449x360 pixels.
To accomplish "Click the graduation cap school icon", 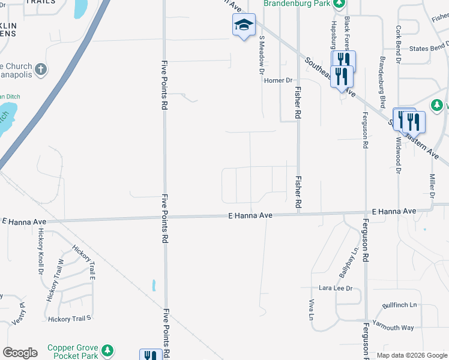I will pos(244,25).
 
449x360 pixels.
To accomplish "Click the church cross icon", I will pos(41,69).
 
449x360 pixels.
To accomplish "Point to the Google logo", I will pos(20,353).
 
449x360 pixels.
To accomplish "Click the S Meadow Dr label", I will pos(262,54).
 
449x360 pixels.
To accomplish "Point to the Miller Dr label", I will pos(432,186).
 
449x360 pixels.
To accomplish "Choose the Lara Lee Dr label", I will pos(335,288).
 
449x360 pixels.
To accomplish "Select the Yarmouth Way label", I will pos(393,328).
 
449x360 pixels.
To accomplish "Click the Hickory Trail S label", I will pos(69,319).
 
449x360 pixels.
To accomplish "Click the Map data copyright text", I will pos(412,355).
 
